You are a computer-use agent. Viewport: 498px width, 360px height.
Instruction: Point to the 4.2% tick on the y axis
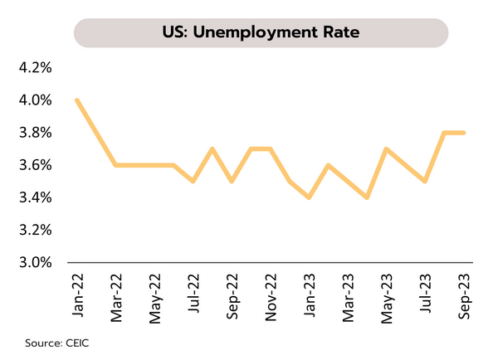(x=36, y=68)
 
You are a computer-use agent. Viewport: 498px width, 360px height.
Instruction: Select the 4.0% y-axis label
(x=36, y=100)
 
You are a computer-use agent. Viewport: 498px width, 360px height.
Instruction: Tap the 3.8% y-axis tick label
(x=36, y=133)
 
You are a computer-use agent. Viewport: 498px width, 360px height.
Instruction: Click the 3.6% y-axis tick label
(x=36, y=165)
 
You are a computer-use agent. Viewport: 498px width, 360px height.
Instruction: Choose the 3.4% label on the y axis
(x=36, y=197)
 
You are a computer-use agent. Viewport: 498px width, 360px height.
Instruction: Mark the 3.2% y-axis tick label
(x=36, y=230)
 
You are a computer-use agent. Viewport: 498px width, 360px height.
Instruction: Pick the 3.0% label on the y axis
(x=36, y=262)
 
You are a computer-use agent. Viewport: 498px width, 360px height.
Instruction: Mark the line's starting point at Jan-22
(x=76, y=100)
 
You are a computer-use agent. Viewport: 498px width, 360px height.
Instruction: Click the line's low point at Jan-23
(x=309, y=197)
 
